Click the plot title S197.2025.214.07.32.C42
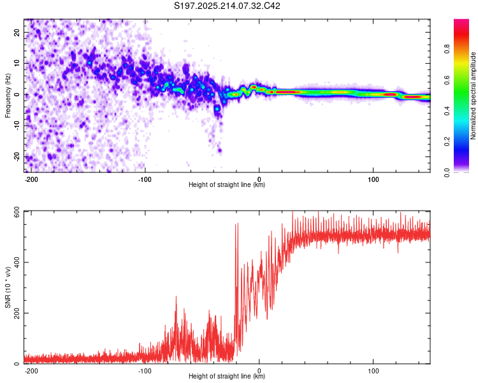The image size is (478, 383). pos(227,6)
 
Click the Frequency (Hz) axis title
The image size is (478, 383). pos(8,96)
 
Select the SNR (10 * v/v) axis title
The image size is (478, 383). pos(8,287)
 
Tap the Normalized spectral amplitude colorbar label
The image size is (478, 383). pos(473,96)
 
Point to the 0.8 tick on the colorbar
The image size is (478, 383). pos(447,49)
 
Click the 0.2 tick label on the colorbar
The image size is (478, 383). pos(447,142)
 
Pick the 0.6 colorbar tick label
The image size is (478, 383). pos(447,80)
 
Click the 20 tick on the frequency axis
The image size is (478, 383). pos(17,33)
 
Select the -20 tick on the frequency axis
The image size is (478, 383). pos(17,156)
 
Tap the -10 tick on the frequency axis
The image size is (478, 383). pos(17,126)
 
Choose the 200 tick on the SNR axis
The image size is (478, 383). pos(17,313)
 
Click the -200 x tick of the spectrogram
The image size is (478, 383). pos(31,179)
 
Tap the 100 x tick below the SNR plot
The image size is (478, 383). pos(373,371)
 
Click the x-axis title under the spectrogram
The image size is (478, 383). pos(227,184)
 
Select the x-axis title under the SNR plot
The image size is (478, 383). pos(227,376)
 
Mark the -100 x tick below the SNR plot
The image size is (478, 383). pos(145,371)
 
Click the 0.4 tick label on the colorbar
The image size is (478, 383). pos(447,111)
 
